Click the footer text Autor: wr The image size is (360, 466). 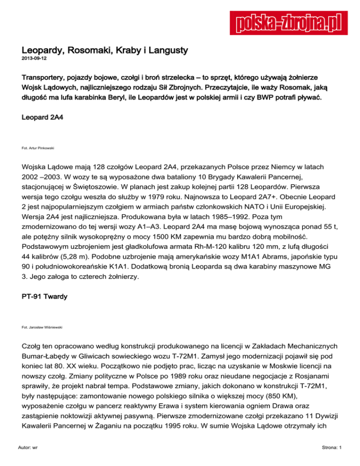click(x=29, y=447)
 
